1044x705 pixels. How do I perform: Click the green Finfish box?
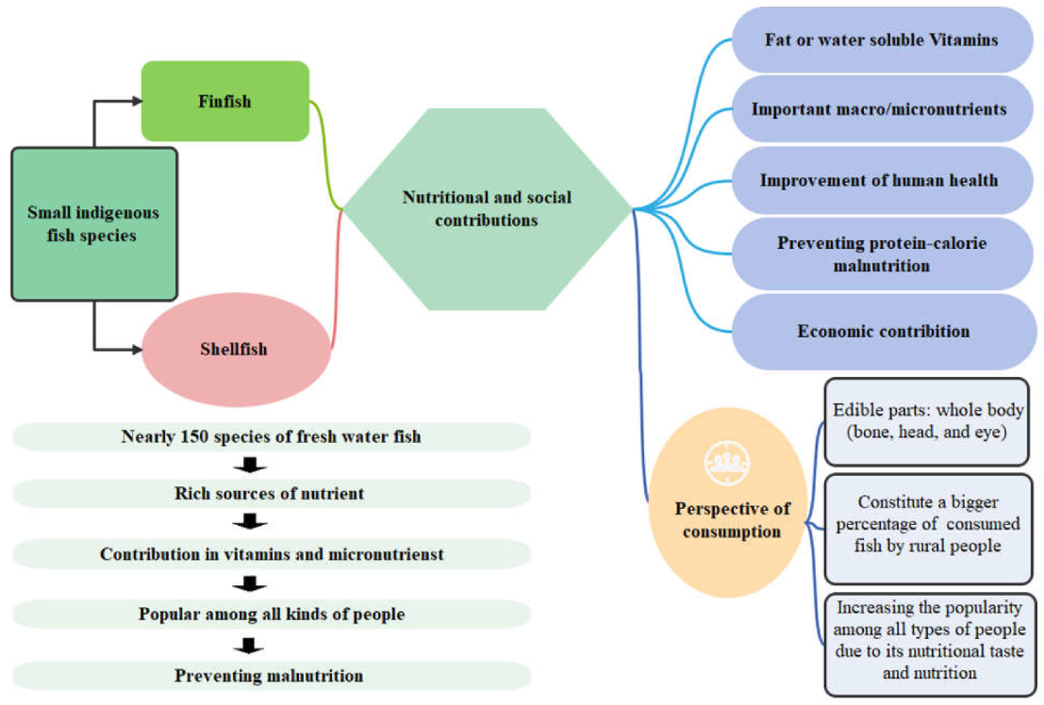point(225,101)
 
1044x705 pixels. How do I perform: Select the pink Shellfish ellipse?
point(235,349)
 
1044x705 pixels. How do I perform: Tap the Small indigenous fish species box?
point(93,224)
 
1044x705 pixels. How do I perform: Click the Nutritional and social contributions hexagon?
point(487,209)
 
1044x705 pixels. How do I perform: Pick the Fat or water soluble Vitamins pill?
point(882,41)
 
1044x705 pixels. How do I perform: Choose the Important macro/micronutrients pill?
point(879,109)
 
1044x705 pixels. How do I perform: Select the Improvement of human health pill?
point(879,180)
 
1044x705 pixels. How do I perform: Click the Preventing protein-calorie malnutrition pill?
point(882,254)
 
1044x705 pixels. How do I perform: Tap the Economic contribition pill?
point(883,331)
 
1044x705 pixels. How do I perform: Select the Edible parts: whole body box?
point(928,421)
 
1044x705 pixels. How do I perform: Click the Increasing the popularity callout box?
point(928,642)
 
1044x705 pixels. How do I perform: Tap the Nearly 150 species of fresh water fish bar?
point(272,436)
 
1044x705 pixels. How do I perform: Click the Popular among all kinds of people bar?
point(272,615)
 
